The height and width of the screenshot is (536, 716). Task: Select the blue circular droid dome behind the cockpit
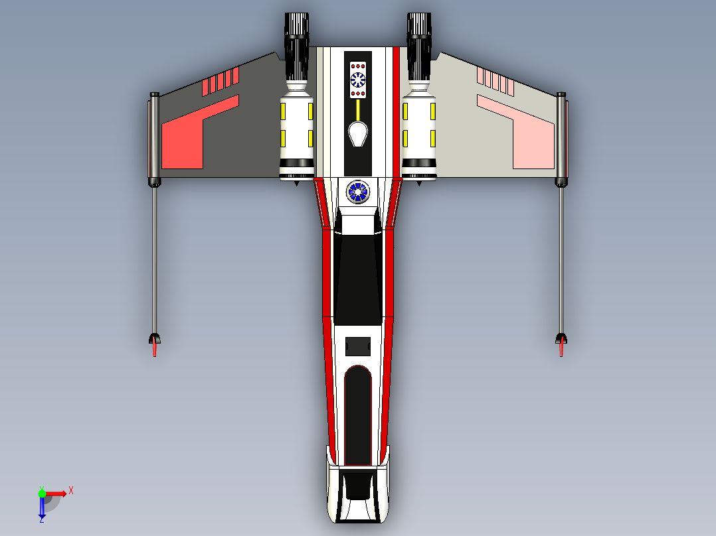357,192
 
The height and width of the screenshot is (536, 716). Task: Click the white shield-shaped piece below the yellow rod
358,134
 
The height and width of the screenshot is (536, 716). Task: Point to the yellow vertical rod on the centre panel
358,109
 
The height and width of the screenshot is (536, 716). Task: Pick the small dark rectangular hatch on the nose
358,346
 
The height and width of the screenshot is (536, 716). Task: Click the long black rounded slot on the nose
358,415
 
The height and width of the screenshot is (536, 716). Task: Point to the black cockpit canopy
358,279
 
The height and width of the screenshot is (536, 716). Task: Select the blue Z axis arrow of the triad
42,508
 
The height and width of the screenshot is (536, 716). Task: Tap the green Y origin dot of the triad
42,493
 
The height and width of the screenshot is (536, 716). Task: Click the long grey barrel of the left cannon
154,259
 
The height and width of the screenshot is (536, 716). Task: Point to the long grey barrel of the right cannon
561,259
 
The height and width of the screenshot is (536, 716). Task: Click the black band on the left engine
296,163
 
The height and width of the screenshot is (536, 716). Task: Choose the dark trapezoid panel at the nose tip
358,484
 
